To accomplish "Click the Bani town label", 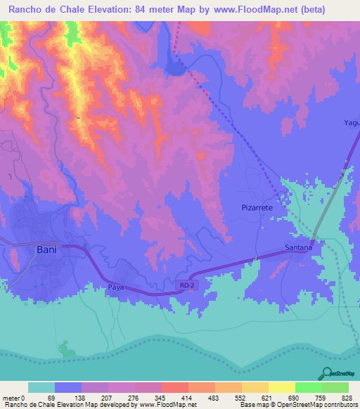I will pyautogui.click(x=46, y=249).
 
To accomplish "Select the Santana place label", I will pyautogui.click(x=297, y=247).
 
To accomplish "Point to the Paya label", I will pyautogui.click(x=116, y=287).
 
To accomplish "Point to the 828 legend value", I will pyautogui.click(x=348, y=397).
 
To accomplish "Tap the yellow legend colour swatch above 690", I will pyautogui.click(x=281, y=387).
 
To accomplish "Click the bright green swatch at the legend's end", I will pyautogui.click(x=335, y=387).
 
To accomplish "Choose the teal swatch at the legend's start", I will pyautogui.click(x=41, y=387).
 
